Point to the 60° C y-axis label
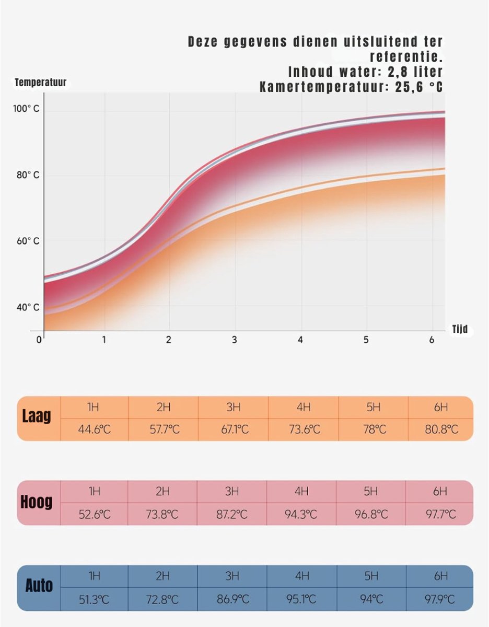click(x=27, y=241)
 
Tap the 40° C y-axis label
click(x=27, y=307)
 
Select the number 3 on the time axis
click(x=235, y=340)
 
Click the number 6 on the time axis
click(x=432, y=340)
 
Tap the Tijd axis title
click(x=460, y=330)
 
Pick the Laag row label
click(x=37, y=416)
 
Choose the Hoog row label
click(x=37, y=502)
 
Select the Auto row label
click(x=39, y=586)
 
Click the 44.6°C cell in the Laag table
click(x=94, y=429)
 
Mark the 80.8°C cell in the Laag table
click(x=441, y=429)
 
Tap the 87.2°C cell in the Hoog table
click(x=232, y=514)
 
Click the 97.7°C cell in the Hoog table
click(x=440, y=514)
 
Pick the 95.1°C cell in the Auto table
click(x=302, y=599)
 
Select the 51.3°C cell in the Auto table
click(x=94, y=599)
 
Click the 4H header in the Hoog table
click(x=302, y=491)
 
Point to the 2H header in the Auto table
click(x=162, y=576)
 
